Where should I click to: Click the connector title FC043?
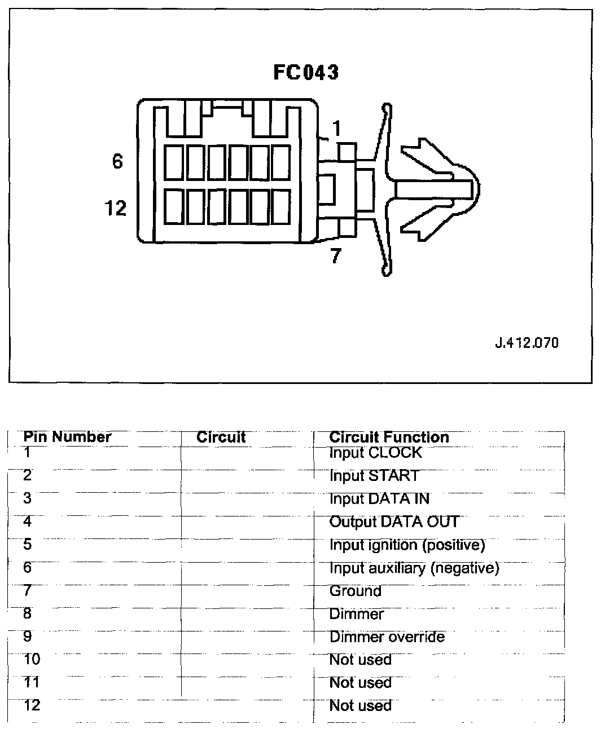306,72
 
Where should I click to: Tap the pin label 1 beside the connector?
336,129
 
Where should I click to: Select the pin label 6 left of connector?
117,162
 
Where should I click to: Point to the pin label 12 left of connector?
116,209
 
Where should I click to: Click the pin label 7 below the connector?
336,257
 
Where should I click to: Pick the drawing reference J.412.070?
527,343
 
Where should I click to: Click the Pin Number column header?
67,437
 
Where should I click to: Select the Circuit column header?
221,437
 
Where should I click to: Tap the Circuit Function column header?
389,437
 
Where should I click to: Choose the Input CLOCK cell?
375,453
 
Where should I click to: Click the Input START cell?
374,476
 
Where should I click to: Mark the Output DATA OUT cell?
394,522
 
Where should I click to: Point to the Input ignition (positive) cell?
407,545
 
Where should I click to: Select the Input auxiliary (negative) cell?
414,568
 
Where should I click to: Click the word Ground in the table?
355,591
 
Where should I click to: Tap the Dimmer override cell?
387,637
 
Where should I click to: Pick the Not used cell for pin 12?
360,706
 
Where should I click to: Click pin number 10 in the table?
32,659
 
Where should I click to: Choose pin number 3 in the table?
27,498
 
